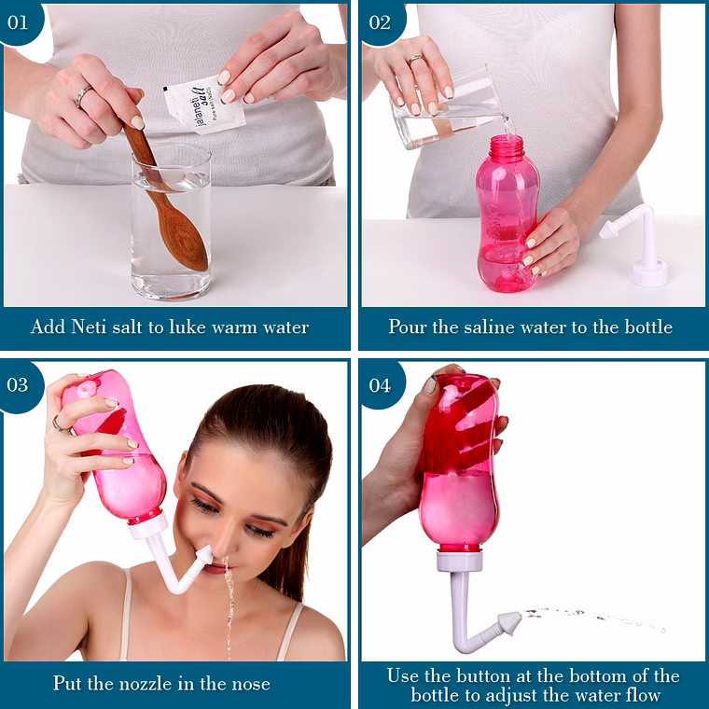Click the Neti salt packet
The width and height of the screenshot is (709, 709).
204,104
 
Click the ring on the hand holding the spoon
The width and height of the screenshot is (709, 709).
83,96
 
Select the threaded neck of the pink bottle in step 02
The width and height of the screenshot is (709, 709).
507,146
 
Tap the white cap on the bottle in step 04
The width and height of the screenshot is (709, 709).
459,562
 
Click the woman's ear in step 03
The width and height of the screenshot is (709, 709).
306,524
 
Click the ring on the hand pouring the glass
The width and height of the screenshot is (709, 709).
416,60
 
